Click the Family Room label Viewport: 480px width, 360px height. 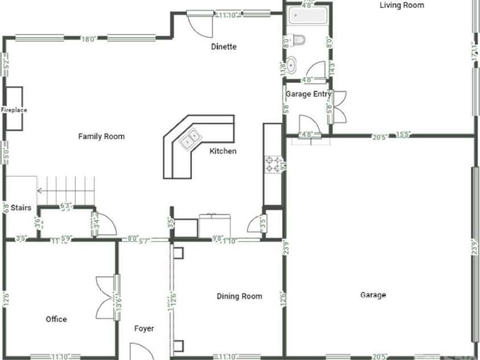(101, 136)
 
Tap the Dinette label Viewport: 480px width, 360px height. (223, 47)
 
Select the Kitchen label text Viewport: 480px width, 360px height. (223, 151)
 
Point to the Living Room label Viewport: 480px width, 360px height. (402, 5)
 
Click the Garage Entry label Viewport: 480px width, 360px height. (308, 94)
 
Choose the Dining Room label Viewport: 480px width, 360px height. (239, 296)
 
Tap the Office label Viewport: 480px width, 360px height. (56, 319)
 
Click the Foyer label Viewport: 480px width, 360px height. (144, 329)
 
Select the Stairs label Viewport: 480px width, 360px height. (20, 208)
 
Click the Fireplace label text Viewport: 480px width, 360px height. (14, 110)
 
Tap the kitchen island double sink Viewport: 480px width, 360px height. (190, 138)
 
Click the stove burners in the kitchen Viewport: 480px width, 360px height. (270, 165)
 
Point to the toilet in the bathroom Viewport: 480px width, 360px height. (299, 40)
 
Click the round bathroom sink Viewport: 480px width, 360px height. (292, 65)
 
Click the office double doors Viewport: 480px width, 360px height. (107, 297)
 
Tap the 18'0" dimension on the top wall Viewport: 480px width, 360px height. (88, 39)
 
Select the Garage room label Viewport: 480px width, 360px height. (373, 295)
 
